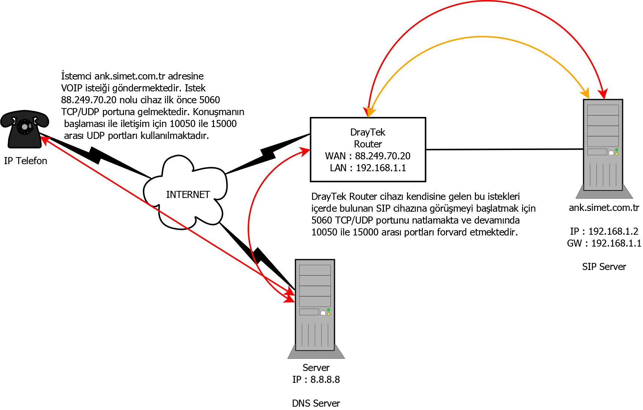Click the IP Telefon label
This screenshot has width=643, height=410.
pyautogui.click(x=26, y=161)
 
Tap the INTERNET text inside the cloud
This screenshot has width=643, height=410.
pyautogui.click(x=188, y=195)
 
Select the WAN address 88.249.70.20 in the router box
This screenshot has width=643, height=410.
pyautogui.click(x=382, y=156)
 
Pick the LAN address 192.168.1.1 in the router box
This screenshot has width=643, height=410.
pyautogui.click(x=381, y=168)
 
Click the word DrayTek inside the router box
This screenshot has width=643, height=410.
pyautogui.click(x=368, y=132)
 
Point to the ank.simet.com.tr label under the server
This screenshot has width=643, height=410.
pyautogui.click(x=604, y=208)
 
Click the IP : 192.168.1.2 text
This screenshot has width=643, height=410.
pyautogui.click(x=604, y=231)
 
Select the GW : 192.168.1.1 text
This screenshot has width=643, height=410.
pyautogui.click(x=604, y=243)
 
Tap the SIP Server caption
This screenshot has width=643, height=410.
pyautogui.click(x=604, y=267)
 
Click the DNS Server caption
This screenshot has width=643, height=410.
pyautogui.click(x=316, y=403)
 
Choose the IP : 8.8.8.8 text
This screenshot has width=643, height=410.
pyautogui.click(x=316, y=380)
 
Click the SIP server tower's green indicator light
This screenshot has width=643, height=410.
pyautogui.click(x=617, y=150)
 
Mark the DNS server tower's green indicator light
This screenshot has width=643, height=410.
pyautogui.click(x=329, y=310)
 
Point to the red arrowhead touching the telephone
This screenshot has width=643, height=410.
pyautogui.click(x=45, y=140)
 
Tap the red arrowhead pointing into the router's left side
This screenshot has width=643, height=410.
pyautogui.click(x=305, y=151)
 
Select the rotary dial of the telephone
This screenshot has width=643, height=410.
pyautogui.click(x=25, y=127)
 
